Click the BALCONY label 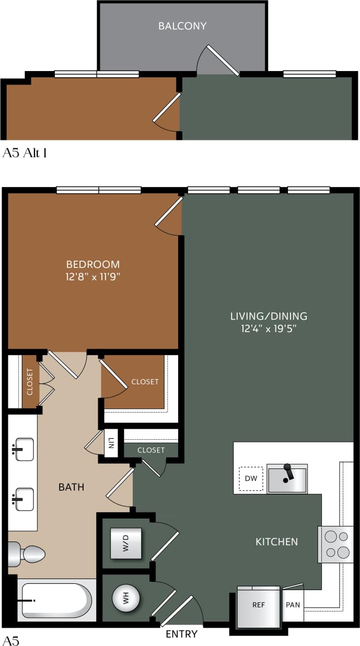click(182, 26)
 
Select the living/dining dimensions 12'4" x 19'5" click(269, 328)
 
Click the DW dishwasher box click(251, 478)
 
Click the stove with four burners click(335, 544)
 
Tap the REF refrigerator click(259, 606)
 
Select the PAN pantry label click(293, 605)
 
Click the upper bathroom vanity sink click(24, 449)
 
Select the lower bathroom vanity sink click(24, 499)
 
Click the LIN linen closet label click(111, 443)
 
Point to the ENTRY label click(181, 634)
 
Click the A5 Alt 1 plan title click(25, 153)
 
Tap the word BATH click(71, 487)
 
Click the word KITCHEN click(276, 542)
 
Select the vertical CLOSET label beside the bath click(30, 382)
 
